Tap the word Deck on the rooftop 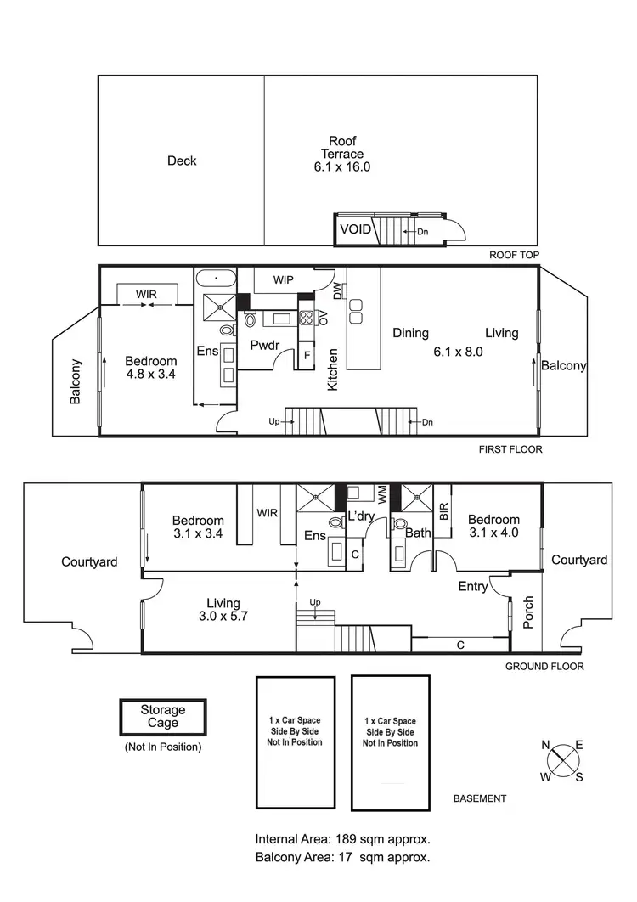[x=181, y=161]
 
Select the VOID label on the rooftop [x=355, y=229]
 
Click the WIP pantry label [x=284, y=279]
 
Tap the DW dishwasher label [x=337, y=291]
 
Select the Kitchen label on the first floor [x=333, y=369]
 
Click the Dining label [x=409, y=333]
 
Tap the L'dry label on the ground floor [x=362, y=515]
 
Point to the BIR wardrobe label [x=443, y=510]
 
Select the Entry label [x=472, y=586]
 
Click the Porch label [x=527, y=612]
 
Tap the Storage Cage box [x=162, y=716]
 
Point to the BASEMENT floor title [x=479, y=798]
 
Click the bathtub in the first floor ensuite [x=216, y=278]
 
